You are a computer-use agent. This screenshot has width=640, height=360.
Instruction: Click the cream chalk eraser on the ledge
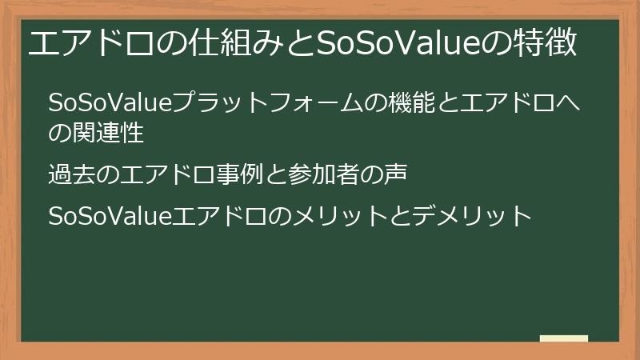[x=563, y=338]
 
